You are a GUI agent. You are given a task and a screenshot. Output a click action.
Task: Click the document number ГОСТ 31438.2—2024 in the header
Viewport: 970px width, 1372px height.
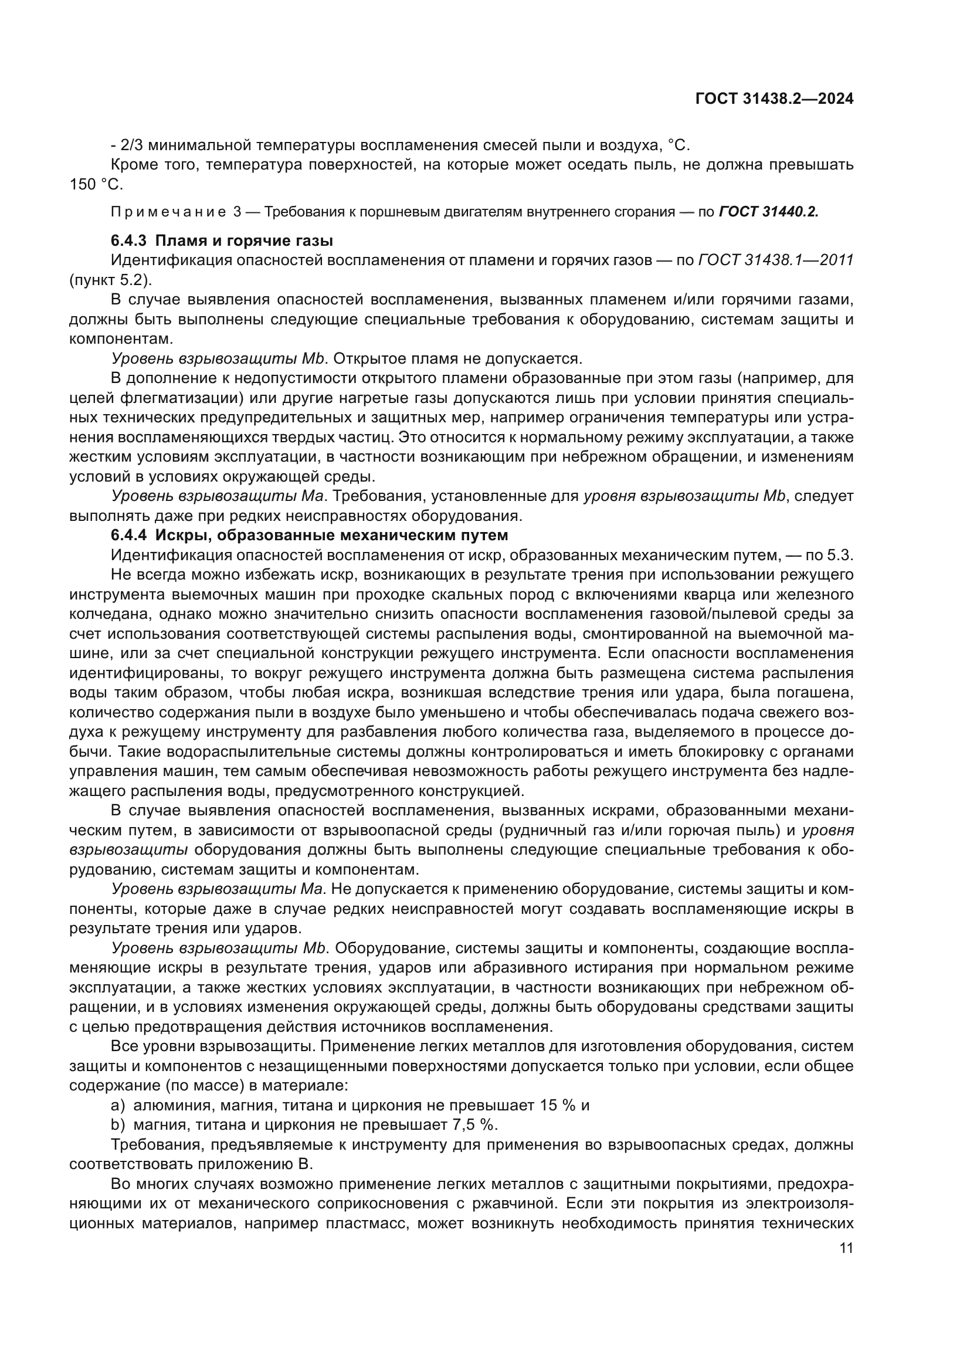click(774, 99)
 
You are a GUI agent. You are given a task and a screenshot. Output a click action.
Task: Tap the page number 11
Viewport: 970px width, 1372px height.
click(846, 1248)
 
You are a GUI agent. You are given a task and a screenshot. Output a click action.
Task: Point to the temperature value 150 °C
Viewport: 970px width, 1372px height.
click(96, 185)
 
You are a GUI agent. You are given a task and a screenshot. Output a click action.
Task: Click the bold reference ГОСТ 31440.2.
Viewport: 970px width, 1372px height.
click(769, 212)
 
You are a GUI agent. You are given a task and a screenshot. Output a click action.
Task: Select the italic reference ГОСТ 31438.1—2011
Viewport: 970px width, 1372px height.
click(775, 260)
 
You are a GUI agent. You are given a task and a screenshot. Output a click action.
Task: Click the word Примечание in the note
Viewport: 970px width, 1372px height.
click(168, 212)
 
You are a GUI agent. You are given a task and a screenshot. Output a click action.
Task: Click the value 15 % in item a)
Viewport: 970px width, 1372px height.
click(557, 1106)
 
